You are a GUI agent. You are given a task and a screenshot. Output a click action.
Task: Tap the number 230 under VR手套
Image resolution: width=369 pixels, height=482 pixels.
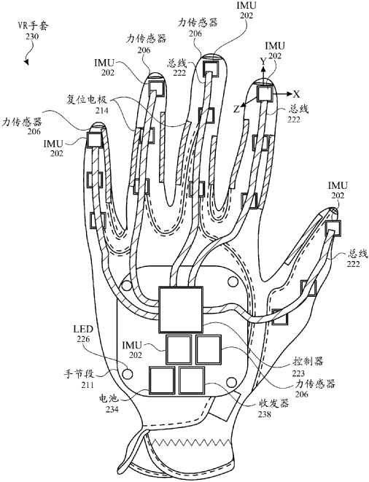32,36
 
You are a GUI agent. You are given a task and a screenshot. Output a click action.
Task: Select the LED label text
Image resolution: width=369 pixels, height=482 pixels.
83,330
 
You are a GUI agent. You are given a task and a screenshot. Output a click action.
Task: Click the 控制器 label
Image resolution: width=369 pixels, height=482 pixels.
308,362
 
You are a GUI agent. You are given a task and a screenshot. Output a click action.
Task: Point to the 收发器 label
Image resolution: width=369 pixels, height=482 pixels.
273,403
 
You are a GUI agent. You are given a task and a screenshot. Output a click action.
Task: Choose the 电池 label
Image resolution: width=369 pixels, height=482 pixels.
108,400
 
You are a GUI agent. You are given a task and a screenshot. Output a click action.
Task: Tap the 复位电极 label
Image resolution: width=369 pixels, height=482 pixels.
86,100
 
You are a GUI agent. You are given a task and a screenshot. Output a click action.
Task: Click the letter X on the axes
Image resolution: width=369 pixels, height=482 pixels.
296,94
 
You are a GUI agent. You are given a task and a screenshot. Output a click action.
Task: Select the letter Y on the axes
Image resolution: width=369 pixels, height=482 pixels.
263,62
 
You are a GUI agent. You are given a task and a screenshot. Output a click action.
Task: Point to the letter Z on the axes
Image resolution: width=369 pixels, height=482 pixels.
236,109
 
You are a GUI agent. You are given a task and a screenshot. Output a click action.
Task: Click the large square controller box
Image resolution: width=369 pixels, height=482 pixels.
181,310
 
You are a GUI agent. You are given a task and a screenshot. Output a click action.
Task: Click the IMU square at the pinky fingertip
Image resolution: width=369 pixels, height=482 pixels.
94,140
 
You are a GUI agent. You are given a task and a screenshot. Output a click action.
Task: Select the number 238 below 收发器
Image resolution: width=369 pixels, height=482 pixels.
265,414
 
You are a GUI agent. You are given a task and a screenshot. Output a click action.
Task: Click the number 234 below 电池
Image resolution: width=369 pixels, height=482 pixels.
112,410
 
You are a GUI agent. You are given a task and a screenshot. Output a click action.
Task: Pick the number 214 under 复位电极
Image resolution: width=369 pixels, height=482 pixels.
102,110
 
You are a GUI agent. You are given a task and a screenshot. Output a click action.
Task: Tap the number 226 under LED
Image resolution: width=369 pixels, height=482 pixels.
83,339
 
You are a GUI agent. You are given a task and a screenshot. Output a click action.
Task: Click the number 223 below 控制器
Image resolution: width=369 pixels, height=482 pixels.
298,373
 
